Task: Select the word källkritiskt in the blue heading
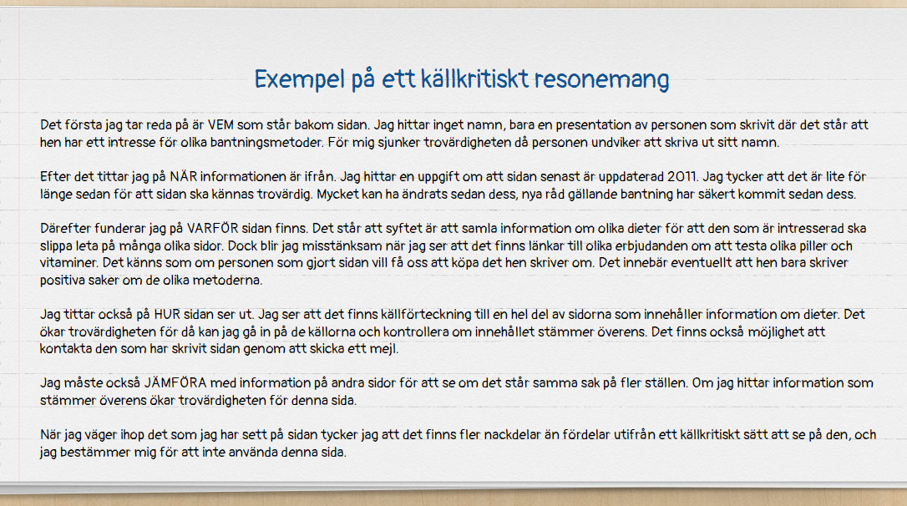pyautogui.click(x=475, y=78)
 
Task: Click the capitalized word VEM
pyautogui.click(x=220, y=125)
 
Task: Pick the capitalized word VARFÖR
pyautogui.click(x=212, y=228)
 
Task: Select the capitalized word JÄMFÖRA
pyautogui.click(x=175, y=382)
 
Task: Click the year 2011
pyautogui.click(x=682, y=177)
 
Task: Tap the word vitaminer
pyautogui.click(x=69, y=262)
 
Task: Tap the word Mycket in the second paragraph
pyautogui.click(x=337, y=195)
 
